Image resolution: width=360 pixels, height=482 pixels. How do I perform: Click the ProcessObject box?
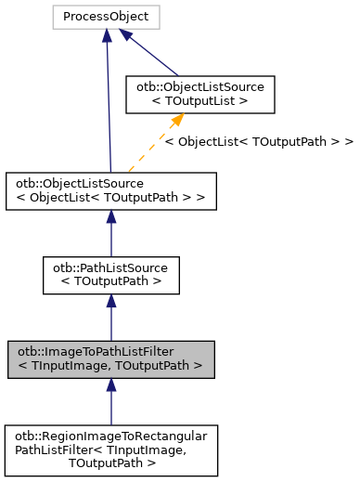coord(108,17)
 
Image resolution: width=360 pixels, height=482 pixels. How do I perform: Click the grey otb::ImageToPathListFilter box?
coord(110,358)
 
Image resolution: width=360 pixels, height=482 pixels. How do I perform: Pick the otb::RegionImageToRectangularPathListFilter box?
coord(110,449)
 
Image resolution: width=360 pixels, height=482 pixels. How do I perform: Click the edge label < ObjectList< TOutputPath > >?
coord(258,142)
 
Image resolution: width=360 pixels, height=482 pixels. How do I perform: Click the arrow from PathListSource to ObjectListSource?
coord(110,231)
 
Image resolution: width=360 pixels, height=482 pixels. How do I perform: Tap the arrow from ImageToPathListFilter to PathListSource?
coord(110,317)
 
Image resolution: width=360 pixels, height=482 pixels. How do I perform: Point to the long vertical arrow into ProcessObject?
coord(109,102)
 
